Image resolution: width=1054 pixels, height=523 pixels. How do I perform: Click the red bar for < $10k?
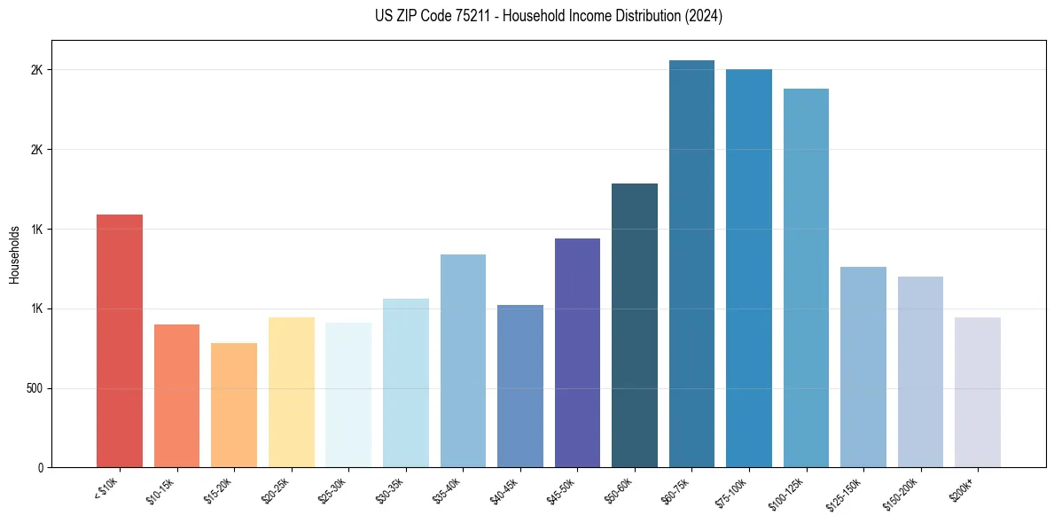(120, 341)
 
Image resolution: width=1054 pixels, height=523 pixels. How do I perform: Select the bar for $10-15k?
(176, 396)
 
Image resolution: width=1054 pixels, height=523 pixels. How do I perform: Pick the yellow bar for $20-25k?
(292, 393)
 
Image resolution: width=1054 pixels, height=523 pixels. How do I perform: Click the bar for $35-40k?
(463, 361)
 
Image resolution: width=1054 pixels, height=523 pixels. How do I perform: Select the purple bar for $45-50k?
(577, 353)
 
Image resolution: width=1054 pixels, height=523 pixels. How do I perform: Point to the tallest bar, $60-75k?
(691, 264)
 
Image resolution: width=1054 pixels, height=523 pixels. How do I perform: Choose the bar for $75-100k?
(749, 269)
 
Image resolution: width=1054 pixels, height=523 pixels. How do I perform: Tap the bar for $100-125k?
(806, 278)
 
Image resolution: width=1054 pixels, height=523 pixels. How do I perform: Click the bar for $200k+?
(978, 393)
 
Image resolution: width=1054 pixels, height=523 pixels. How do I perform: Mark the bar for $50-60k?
(635, 325)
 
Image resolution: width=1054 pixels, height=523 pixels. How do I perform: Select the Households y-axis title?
(14, 254)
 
